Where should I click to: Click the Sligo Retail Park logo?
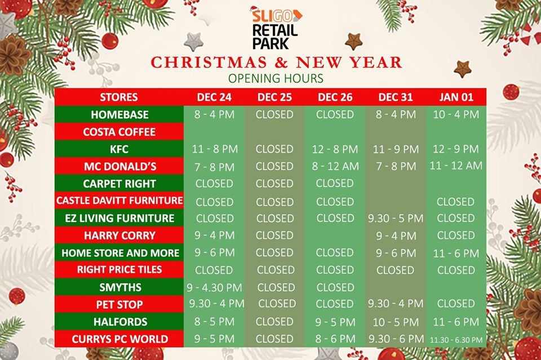[x=276, y=28]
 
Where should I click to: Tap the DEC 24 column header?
[x=214, y=97]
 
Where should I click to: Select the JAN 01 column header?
[x=456, y=97]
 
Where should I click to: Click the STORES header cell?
[x=119, y=97]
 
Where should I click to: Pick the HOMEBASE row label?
[x=119, y=114]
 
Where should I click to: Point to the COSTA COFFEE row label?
[x=119, y=132]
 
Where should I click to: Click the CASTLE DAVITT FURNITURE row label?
[x=119, y=201]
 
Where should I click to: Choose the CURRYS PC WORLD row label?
[x=119, y=339]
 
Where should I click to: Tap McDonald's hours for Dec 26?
[x=335, y=166]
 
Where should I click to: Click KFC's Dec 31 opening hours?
[x=396, y=149]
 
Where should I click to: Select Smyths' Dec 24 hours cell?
[x=214, y=287]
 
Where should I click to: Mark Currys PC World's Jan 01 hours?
[x=456, y=340]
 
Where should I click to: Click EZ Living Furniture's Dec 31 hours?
[x=396, y=218]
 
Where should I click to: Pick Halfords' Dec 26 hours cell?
[x=335, y=322]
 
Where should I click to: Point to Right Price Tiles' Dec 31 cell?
[x=395, y=270]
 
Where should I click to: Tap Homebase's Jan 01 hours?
[x=456, y=114]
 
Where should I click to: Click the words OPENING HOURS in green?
[x=276, y=79]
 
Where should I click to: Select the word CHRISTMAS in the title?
[x=209, y=63]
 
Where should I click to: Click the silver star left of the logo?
[x=193, y=42]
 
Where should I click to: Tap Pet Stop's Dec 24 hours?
[x=216, y=304]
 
